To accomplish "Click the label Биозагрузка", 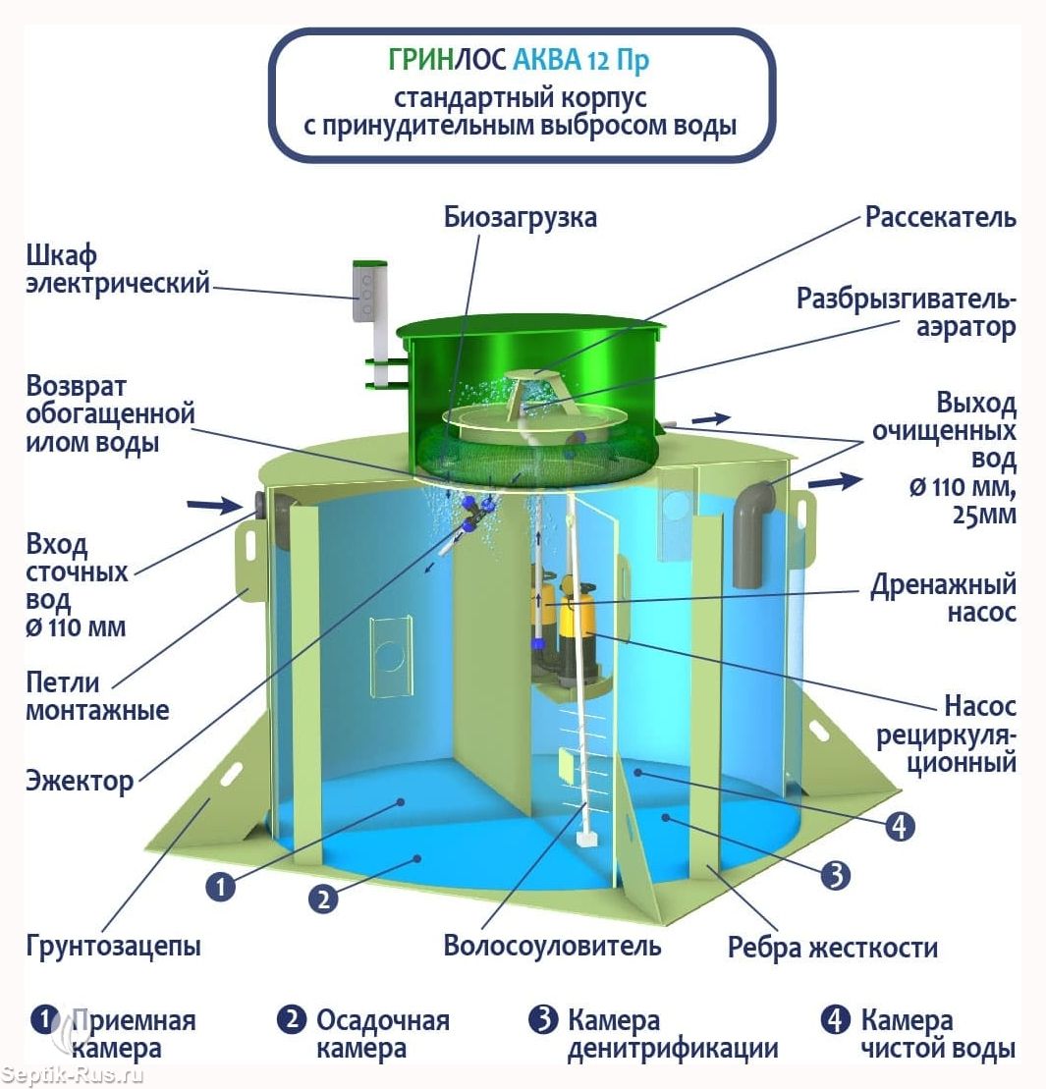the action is click(x=521, y=217).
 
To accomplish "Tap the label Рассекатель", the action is click(x=941, y=217).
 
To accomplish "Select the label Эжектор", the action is click(x=80, y=781).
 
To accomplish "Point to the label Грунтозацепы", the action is click(x=113, y=946).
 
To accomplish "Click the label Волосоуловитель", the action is click(x=552, y=946).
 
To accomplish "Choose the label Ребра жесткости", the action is click(x=833, y=948).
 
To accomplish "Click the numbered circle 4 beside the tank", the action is click(x=900, y=827).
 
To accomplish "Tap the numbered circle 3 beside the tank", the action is click(x=836, y=876).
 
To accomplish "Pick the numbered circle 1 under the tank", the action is click(x=220, y=887).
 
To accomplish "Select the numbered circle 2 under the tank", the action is click(x=323, y=900).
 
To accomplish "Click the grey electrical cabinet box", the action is click(x=368, y=292).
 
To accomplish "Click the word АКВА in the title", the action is click(x=547, y=61).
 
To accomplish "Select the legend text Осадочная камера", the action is click(x=383, y=1034).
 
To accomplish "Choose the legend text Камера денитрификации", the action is click(x=673, y=1034).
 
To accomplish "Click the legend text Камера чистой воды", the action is click(x=938, y=1034).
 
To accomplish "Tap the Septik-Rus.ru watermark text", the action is click(x=72, y=1076).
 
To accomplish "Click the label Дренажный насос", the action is click(x=943, y=598).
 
